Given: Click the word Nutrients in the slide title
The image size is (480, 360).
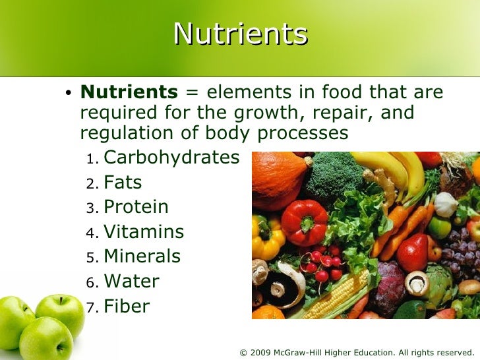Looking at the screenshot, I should click(x=240, y=34).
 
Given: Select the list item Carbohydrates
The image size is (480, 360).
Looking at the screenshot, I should click(x=171, y=158).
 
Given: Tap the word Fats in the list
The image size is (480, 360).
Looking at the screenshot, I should click(x=123, y=183).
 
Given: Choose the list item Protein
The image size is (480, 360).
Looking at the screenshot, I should click(x=136, y=207).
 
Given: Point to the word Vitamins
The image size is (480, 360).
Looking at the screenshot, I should click(x=144, y=232).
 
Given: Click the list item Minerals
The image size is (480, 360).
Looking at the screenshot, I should click(x=142, y=256).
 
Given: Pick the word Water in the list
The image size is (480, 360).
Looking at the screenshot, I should click(x=131, y=282).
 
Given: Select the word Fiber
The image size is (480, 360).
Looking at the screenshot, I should click(x=127, y=306).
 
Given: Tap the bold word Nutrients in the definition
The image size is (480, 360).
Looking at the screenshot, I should click(x=129, y=92).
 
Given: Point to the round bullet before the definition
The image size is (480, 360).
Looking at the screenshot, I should click(x=68, y=94).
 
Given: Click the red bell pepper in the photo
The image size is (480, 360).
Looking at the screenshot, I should click(x=304, y=223).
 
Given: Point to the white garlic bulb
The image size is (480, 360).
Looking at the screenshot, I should click(x=446, y=204).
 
